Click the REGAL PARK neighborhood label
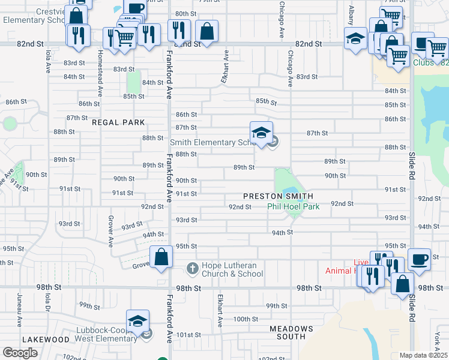click(x=118, y=122)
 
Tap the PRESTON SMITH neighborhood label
click(x=278, y=196)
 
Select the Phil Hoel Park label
click(x=293, y=206)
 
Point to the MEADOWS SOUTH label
click(x=291, y=334)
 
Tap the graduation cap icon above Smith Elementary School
click(x=261, y=133)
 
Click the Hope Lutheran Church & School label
click(x=232, y=270)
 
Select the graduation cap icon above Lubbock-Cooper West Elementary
click(x=137, y=320)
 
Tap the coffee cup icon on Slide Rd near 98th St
click(x=419, y=259)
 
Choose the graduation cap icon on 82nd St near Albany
click(x=355, y=38)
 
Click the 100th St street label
click(x=246, y=319)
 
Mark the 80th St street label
click(x=185, y=14)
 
